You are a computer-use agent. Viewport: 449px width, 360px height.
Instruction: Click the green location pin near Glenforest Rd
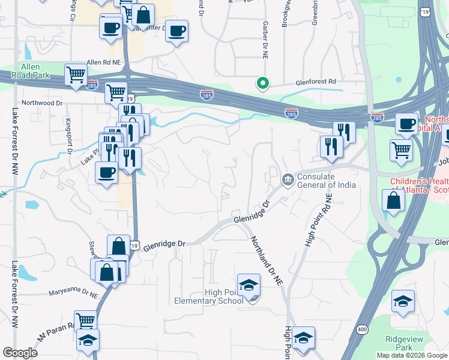[x=262, y=84]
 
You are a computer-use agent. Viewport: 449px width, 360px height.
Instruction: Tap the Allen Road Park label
[x=30, y=70]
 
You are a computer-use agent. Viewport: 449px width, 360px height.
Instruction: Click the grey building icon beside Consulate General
[x=288, y=179]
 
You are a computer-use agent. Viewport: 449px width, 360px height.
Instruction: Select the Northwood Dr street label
[x=42, y=103]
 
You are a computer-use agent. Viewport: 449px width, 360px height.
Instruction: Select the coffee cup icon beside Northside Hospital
[x=407, y=124]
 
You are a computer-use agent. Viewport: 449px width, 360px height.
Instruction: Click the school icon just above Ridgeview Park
[x=403, y=302]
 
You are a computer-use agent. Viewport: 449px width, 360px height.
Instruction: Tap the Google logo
[x=20, y=353]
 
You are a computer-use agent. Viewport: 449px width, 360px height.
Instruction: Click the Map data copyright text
[x=411, y=355]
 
